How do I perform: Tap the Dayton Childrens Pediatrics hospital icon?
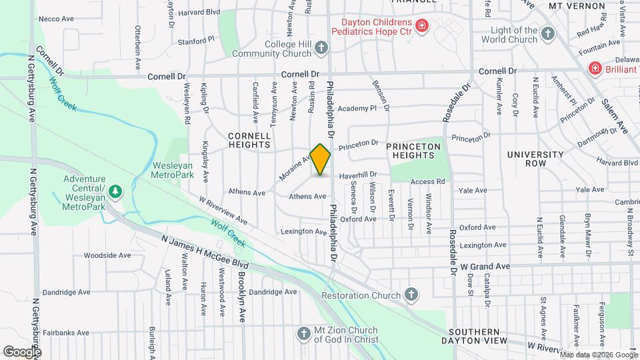tap(421, 26)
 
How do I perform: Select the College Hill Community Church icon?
tap(321, 47)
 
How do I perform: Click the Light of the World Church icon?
tap(547, 33)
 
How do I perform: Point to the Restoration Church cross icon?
tap(412, 295)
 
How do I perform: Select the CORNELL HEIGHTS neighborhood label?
tap(250, 139)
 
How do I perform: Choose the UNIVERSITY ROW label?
tap(535, 159)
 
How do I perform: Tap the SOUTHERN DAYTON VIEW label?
tap(483, 337)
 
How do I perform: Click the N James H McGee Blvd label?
tap(201, 250)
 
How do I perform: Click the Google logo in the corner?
tap(22, 351)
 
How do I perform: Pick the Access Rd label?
tap(427, 181)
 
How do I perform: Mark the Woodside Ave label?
tap(107, 255)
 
